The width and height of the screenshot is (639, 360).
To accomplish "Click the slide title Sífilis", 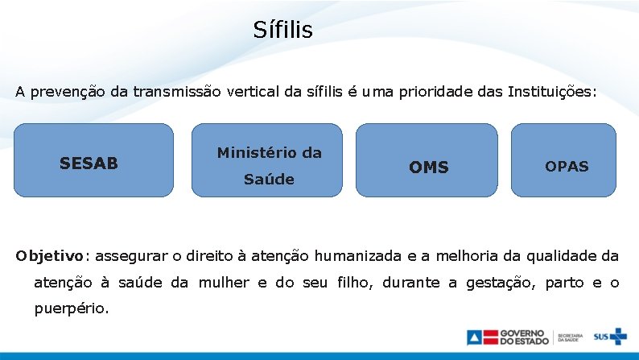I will [282, 31].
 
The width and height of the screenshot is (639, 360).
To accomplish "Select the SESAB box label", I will [89, 163].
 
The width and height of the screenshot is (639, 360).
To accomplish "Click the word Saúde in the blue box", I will [269, 180].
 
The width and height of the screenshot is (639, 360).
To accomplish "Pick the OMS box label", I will [428, 168].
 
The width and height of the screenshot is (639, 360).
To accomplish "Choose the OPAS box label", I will [567, 167].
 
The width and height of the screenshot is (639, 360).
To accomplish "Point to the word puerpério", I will [71, 308].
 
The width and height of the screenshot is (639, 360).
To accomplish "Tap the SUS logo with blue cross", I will [609, 337].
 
